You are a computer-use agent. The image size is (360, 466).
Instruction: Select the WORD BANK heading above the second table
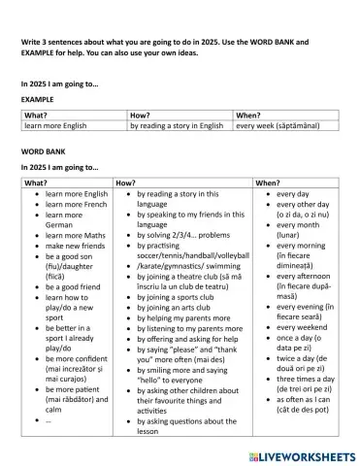43,153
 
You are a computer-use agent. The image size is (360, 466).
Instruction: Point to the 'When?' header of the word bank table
268,182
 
